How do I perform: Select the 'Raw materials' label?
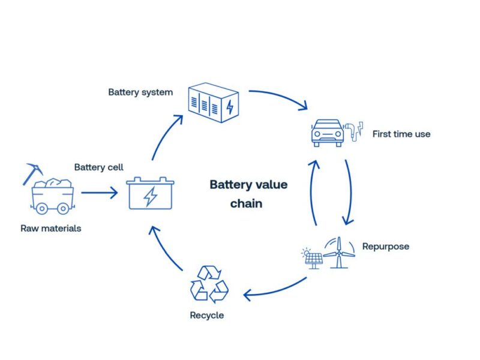coord(51,228)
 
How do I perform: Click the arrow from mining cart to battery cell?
coord(99,193)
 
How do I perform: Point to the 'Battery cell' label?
coord(98,167)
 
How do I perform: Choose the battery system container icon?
coord(214,103)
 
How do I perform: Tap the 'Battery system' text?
coord(140,92)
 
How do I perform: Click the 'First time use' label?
coord(401,134)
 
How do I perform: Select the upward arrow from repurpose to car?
coord(314,192)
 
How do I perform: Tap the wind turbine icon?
coord(340,252)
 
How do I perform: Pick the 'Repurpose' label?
coord(386,246)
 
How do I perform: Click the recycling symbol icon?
coord(209,283)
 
